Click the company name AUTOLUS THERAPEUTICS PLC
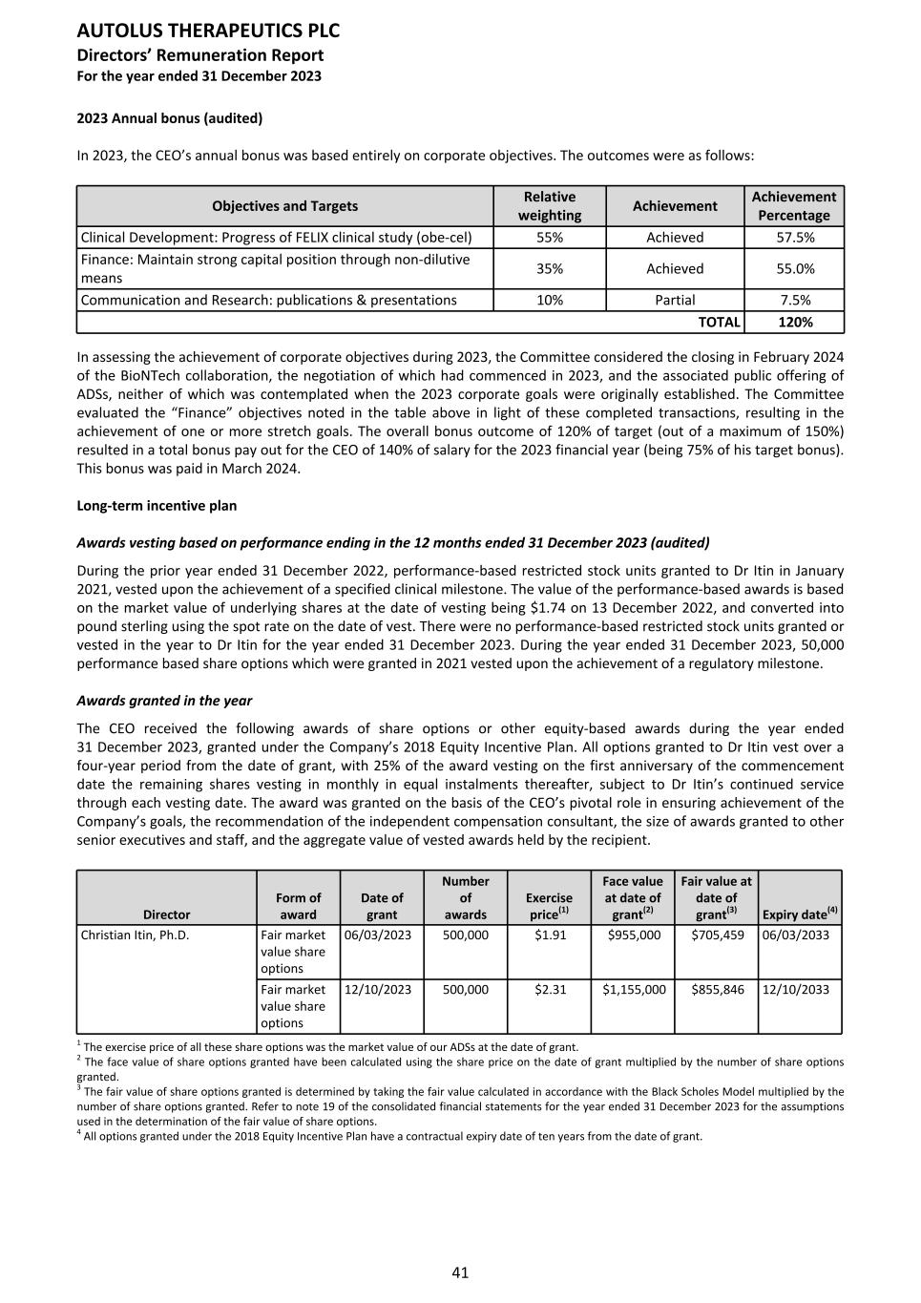(x=208, y=31)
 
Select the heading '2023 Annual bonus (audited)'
(x=169, y=118)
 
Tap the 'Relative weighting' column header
(x=550, y=206)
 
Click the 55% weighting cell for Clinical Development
(x=550, y=238)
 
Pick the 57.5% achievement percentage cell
(x=795, y=238)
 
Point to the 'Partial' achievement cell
(x=675, y=300)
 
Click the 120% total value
(x=795, y=323)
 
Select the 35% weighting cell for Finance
(x=550, y=269)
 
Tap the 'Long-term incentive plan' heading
(x=157, y=506)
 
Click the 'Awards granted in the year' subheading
(x=164, y=701)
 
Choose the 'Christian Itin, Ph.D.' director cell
(x=135, y=935)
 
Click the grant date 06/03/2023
(x=378, y=935)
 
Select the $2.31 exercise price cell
(x=550, y=990)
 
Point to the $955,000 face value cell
(x=634, y=935)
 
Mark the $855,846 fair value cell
(x=718, y=990)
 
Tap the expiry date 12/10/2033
(x=796, y=990)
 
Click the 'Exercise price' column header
(x=550, y=906)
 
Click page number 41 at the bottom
(x=460, y=1272)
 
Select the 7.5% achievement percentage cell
(x=795, y=300)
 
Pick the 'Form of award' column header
(x=298, y=906)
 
